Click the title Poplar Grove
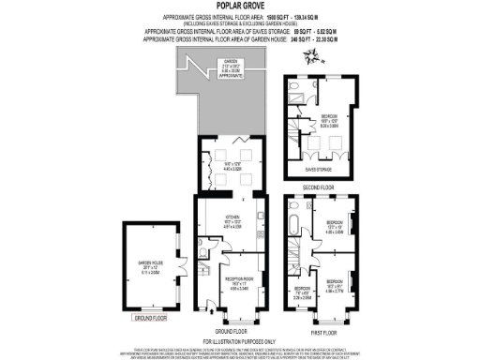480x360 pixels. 239,7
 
